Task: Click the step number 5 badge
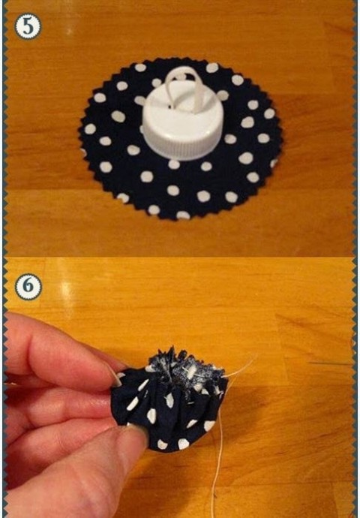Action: [x=28, y=26]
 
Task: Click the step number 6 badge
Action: [x=28, y=287]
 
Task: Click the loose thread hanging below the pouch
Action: [x=217, y=469]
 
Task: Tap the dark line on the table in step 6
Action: [x=329, y=363]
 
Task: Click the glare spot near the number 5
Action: [x=69, y=31]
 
